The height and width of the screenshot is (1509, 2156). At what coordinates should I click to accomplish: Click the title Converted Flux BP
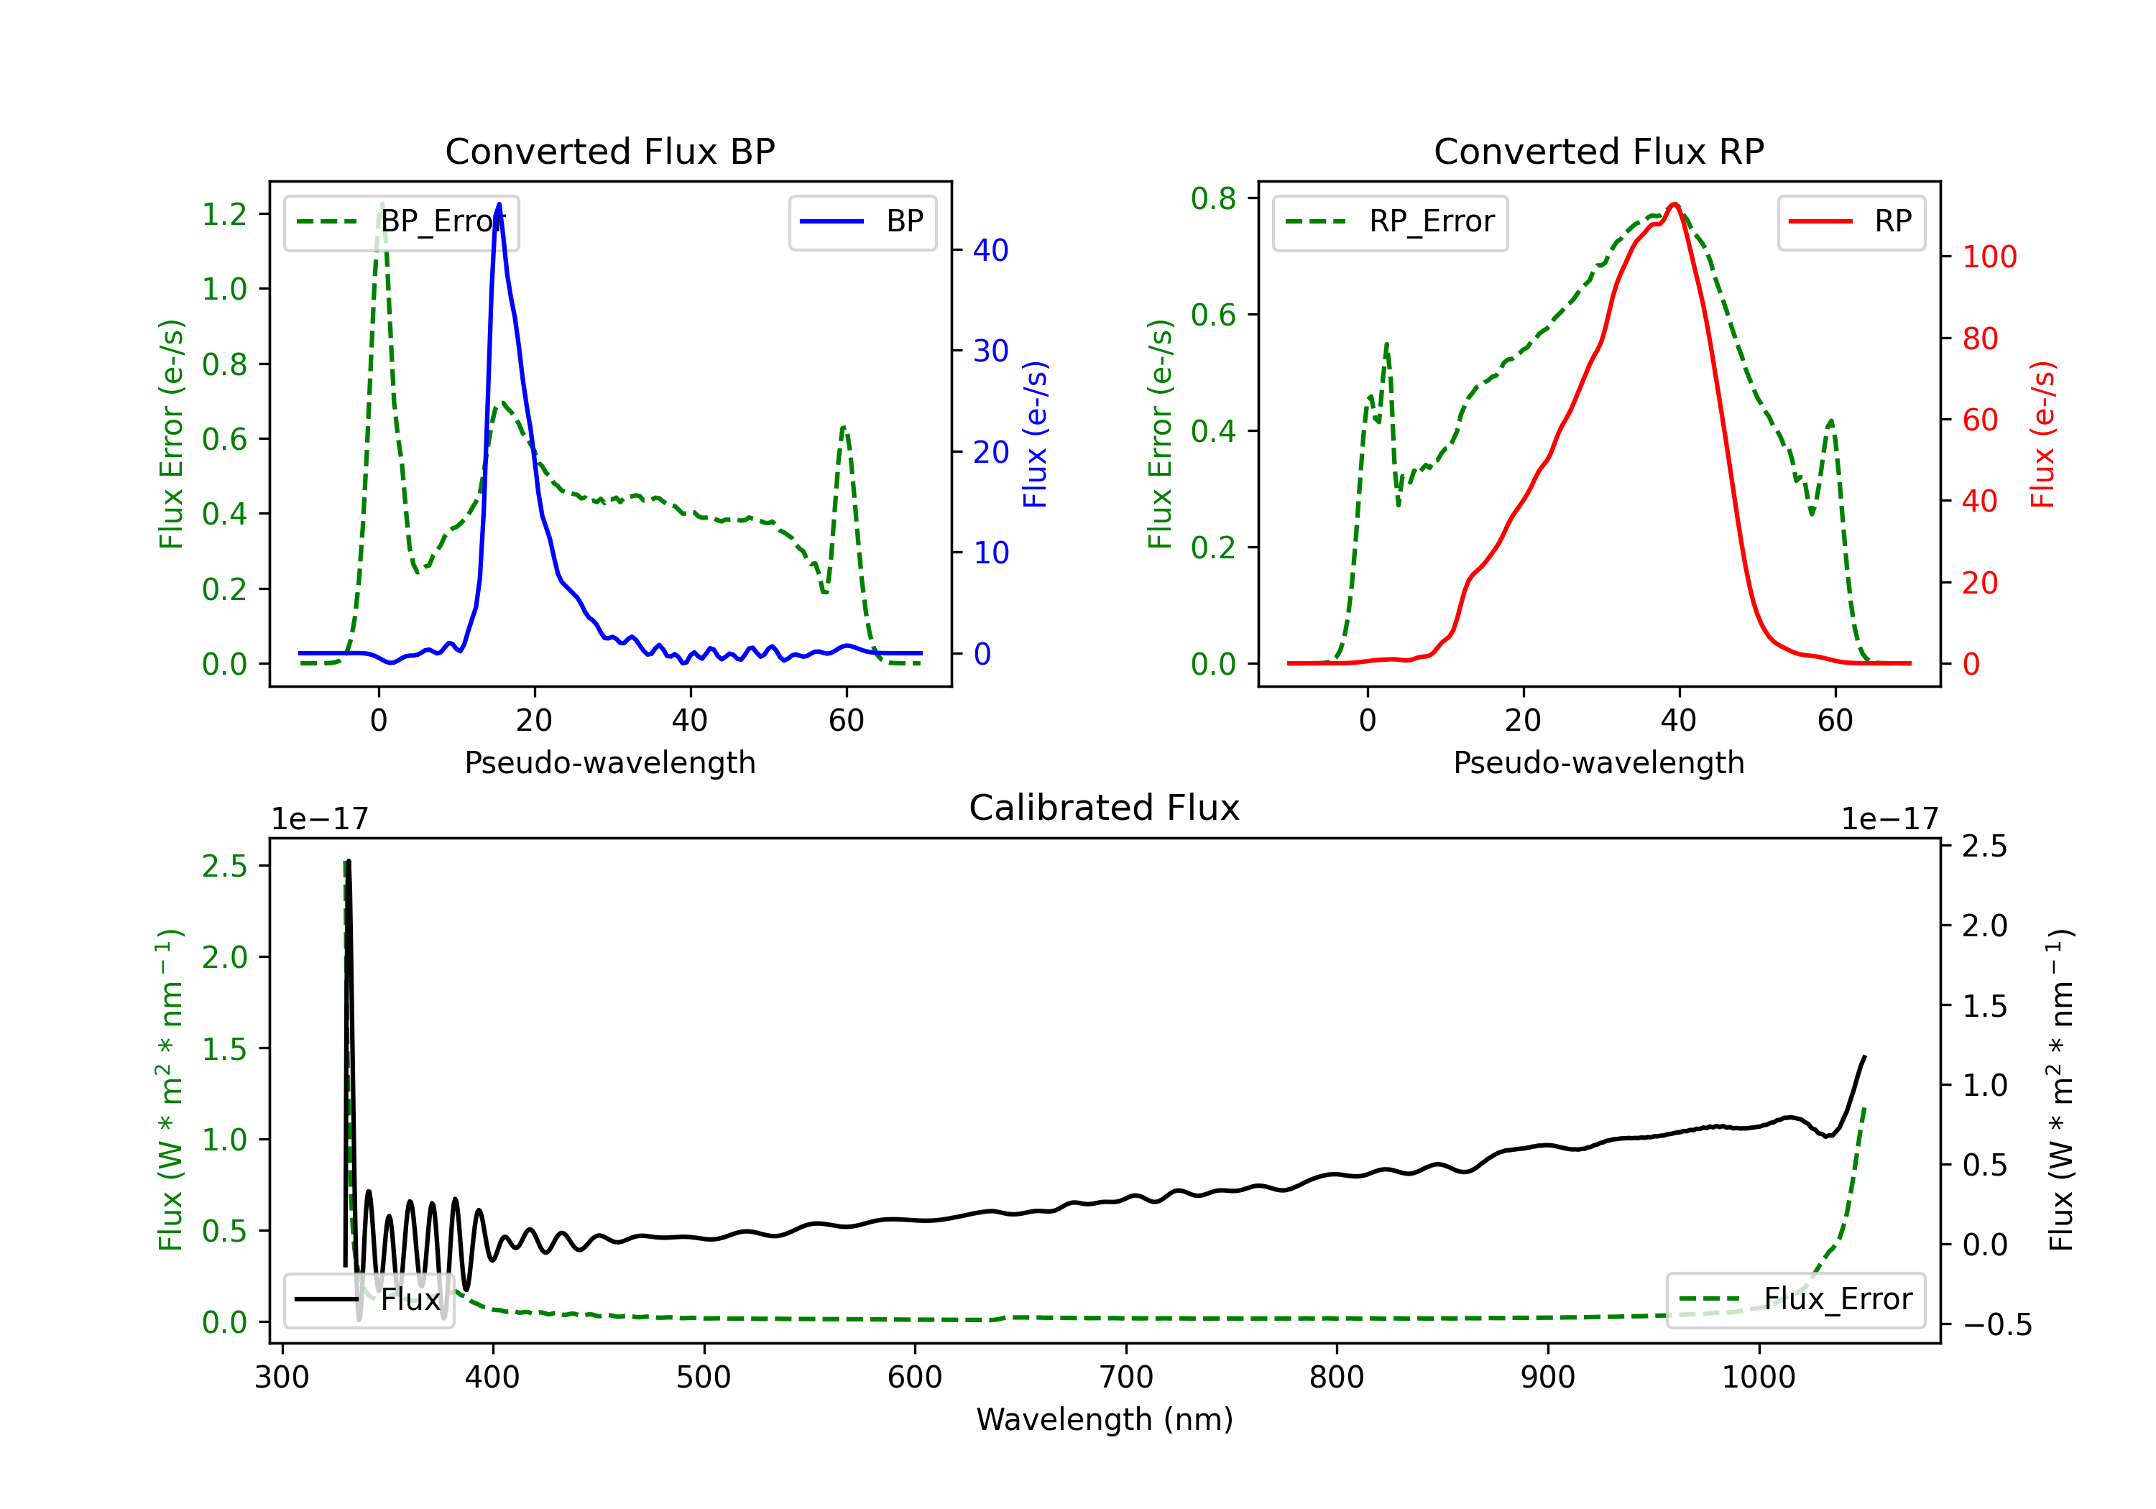point(609,151)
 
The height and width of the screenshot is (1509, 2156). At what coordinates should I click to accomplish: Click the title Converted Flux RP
point(1598,151)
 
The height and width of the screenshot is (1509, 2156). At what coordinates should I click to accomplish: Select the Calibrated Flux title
point(1105,808)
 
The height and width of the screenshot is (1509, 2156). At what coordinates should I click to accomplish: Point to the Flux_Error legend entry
point(1795,1300)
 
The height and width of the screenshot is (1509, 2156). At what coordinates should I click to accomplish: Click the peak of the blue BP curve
point(499,205)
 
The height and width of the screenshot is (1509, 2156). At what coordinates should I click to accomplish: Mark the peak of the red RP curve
point(1674,205)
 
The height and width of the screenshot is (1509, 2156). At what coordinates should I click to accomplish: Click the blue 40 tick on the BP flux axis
point(990,250)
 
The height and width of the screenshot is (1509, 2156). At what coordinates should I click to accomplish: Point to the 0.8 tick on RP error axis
point(1213,198)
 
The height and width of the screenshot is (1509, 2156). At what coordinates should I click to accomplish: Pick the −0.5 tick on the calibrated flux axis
point(1997,1325)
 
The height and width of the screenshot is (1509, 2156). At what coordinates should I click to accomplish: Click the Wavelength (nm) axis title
point(1105,1420)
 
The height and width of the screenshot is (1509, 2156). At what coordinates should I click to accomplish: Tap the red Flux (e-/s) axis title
point(2043,435)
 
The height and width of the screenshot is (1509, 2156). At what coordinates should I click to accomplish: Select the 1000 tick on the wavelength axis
point(1758,1378)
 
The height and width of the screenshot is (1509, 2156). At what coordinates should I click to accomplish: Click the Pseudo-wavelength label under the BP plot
point(609,762)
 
